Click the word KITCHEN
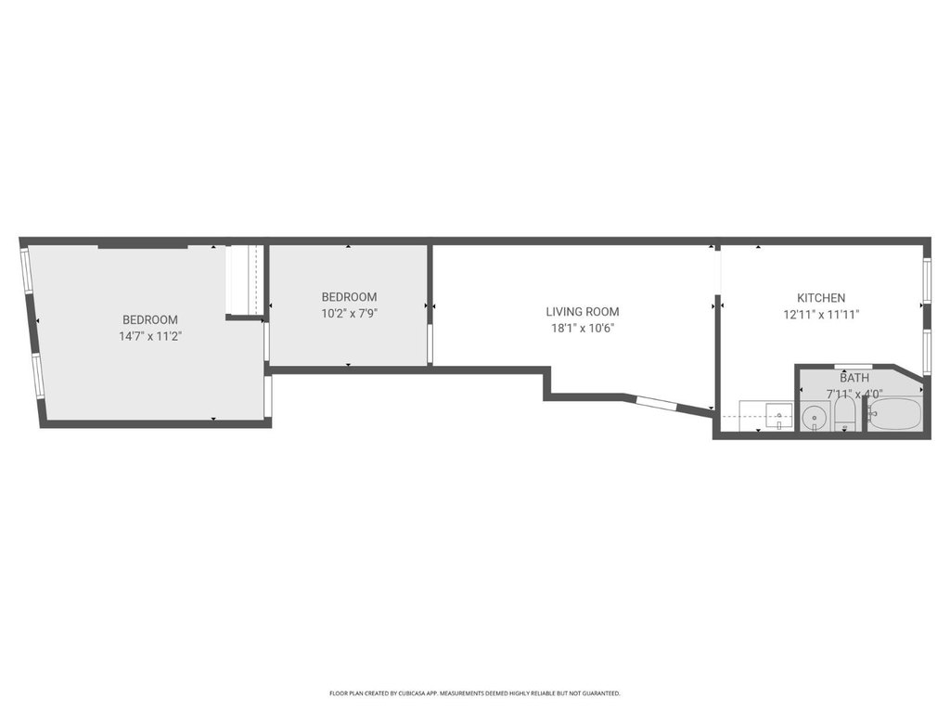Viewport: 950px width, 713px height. click(821, 298)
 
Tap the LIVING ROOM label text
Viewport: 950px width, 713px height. click(583, 312)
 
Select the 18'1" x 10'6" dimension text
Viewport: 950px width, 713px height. click(583, 329)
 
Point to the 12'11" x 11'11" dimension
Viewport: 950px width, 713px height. click(821, 315)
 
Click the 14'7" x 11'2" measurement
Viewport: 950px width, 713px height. click(150, 336)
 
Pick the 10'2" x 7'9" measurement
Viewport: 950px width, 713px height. click(349, 314)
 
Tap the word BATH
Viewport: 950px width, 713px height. click(854, 379)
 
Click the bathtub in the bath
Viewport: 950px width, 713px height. click(895, 415)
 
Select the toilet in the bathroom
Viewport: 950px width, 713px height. click(844, 413)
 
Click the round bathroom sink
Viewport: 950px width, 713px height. click(814, 418)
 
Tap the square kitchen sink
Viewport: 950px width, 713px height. click(778, 415)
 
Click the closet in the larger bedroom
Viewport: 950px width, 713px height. click(245, 279)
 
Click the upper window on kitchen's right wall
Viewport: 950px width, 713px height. click(927, 280)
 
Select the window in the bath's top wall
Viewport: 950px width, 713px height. click(854, 367)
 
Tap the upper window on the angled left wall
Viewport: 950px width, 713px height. click(26, 271)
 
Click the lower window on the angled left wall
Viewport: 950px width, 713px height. click(37, 376)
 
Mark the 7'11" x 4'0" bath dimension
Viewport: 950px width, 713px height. click(854, 394)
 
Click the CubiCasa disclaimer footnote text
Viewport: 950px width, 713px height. click(474, 693)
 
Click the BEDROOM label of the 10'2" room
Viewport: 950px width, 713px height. click(349, 297)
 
